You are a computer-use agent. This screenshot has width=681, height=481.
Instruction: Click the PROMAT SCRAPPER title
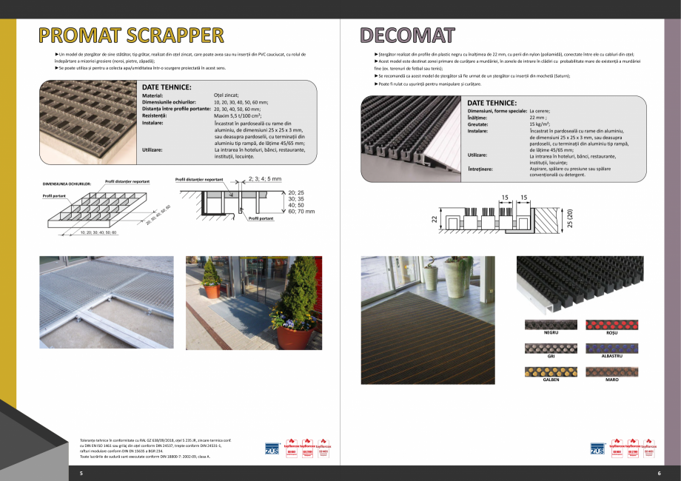(x=132, y=36)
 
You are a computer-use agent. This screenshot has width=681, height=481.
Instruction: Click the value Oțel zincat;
(x=229, y=95)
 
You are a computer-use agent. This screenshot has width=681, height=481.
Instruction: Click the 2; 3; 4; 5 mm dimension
(x=264, y=178)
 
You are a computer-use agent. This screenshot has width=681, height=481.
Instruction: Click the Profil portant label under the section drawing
(x=261, y=218)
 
